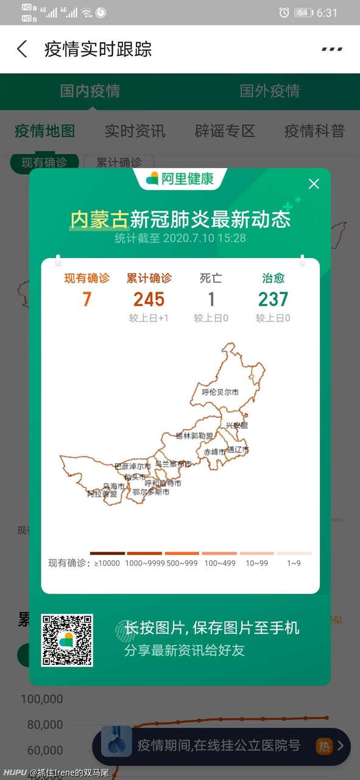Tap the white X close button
pyautogui.click(x=314, y=184)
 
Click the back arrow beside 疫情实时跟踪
pyautogui.click(x=22, y=49)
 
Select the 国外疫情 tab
pyautogui.click(x=269, y=91)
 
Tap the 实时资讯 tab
pyautogui.click(x=135, y=131)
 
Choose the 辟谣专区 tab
pyautogui.click(x=225, y=131)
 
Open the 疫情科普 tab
pyautogui.click(x=314, y=131)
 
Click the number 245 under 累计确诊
pyautogui.click(x=149, y=299)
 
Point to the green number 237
pyautogui.click(x=273, y=299)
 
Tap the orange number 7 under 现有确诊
pyautogui.click(x=87, y=299)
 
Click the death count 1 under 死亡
pyautogui.click(x=211, y=299)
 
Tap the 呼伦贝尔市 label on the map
pyautogui.click(x=220, y=392)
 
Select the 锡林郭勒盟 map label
pyautogui.click(x=194, y=436)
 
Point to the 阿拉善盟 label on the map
pyautogui.click(x=101, y=494)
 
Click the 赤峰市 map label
pyautogui.click(x=214, y=452)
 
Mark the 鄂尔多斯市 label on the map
pyautogui.click(x=150, y=492)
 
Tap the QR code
pyautogui.click(x=67, y=640)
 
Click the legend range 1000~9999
pyautogui.click(x=144, y=563)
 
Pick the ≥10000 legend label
pyautogui.click(x=107, y=563)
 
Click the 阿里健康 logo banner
pyautogui.click(x=180, y=179)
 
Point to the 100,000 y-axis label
pyautogui.click(x=41, y=699)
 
